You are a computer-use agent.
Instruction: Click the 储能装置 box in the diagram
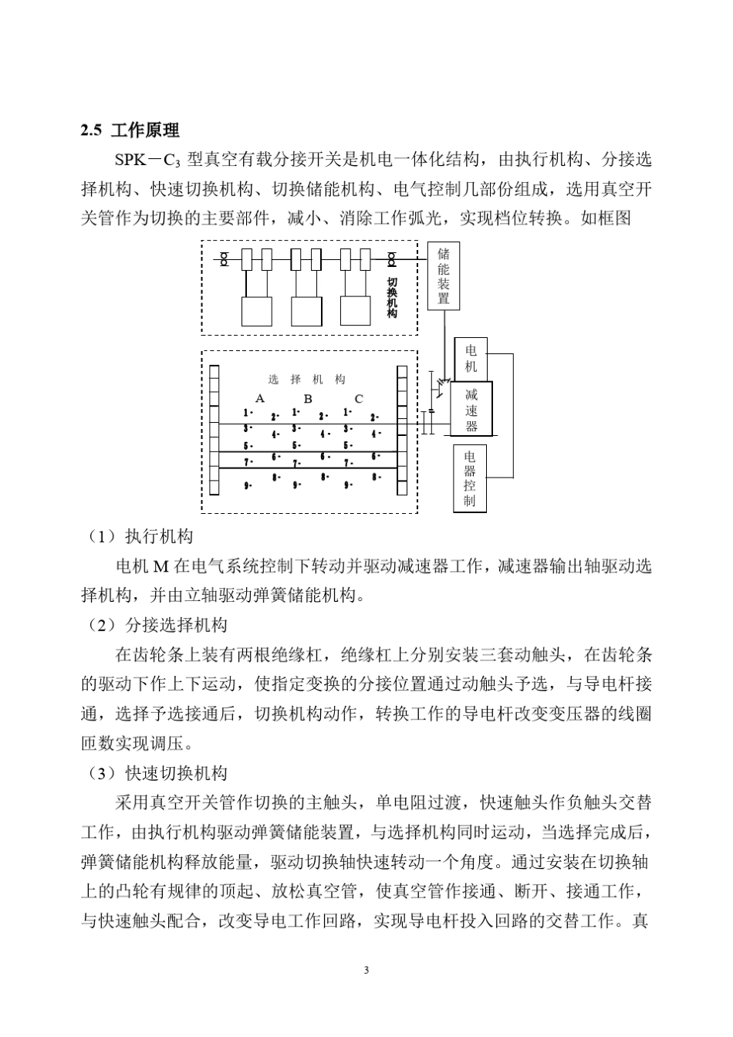point(444,275)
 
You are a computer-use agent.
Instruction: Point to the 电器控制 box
point(469,479)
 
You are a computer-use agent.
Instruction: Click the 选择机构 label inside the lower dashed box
point(307,380)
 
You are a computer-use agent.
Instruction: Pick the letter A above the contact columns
point(260,399)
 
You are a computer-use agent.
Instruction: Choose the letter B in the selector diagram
point(308,399)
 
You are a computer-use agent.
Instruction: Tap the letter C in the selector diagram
point(359,399)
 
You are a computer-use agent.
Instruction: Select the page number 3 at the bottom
point(366,969)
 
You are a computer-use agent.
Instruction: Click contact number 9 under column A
point(247,486)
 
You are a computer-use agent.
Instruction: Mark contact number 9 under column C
point(348,486)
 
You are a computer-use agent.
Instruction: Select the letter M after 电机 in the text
point(161,566)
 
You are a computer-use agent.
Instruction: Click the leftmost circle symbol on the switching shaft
point(225,260)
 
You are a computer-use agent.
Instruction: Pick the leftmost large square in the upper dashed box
point(257,311)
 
